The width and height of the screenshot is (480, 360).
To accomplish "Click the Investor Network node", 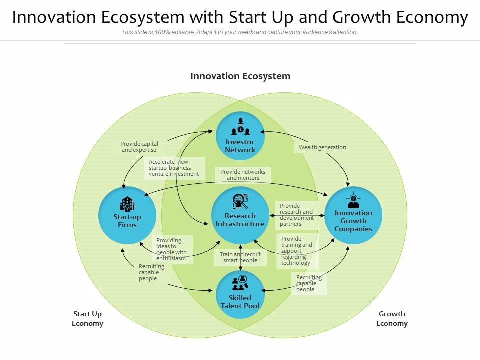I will click(x=240, y=136).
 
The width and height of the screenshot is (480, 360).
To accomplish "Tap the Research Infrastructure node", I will click(x=240, y=215).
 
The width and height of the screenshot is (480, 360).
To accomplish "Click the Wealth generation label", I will click(x=322, y=147).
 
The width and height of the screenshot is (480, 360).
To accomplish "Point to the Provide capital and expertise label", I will click(x=139, y=147).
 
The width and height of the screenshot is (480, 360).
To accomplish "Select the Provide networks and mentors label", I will click(x=243, y=175).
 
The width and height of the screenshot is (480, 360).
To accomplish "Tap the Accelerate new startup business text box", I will click(x=174, y=168).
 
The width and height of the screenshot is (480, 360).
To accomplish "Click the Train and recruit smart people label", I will click(x=240, y=257).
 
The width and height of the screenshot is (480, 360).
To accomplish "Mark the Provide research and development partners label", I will click(x=296, y=215).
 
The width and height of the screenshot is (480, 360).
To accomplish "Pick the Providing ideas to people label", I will click(x=171, y=249).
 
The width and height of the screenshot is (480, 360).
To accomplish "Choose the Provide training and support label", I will click(x=297, y=251).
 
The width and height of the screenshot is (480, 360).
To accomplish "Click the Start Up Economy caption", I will click(x=87, y=319).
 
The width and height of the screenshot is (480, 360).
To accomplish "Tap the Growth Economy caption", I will click(x=392, y=319).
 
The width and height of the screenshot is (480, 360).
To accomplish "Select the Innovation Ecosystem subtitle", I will click(x=240, y=76).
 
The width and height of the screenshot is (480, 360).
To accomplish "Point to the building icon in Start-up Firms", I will click(x=127, y=204).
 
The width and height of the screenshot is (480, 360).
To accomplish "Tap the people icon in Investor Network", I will click(x=240, y=127).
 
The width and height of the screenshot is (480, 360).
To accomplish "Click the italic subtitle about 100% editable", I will click(x=240, y=32).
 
